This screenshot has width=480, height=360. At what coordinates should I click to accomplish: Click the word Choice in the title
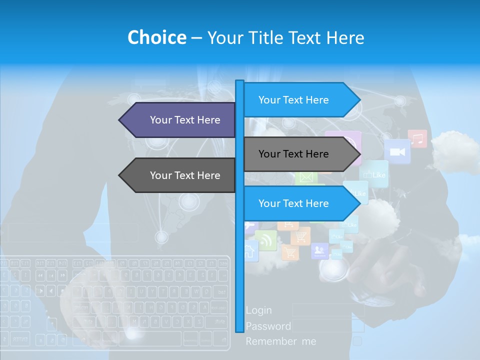pyautogui.click(x=156, y=37)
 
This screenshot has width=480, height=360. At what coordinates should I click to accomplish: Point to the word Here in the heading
pyautogui.click(x=345, y=37)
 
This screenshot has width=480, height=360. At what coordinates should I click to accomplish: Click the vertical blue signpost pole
pyautogui.click(x=239, y=250)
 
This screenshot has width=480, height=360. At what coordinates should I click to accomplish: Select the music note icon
pyautogui.click(x=417, y=138)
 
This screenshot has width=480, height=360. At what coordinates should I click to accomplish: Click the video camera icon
pyautogui.click(x=397, y=151)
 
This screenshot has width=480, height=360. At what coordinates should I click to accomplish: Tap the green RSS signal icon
pyautogui.click(x=265, y=240)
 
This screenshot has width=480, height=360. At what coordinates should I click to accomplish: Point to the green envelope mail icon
pyautogui.click(x=306, y=177)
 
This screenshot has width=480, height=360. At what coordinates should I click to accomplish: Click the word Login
pyautogui.click(x=259, y=310)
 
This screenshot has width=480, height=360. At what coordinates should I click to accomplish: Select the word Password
pyautogui.click(x=268, y=326)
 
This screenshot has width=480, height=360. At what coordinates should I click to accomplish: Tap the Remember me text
pyautogui.click(x=281, y=341)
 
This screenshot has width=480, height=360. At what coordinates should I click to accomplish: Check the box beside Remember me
pyautogui.click(x=357, y=341)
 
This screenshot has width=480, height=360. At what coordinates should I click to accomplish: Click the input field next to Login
pyautogui.click(x=328, y=310)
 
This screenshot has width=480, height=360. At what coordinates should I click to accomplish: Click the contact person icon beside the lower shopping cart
pyautogui.click(x=319, y=250)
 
